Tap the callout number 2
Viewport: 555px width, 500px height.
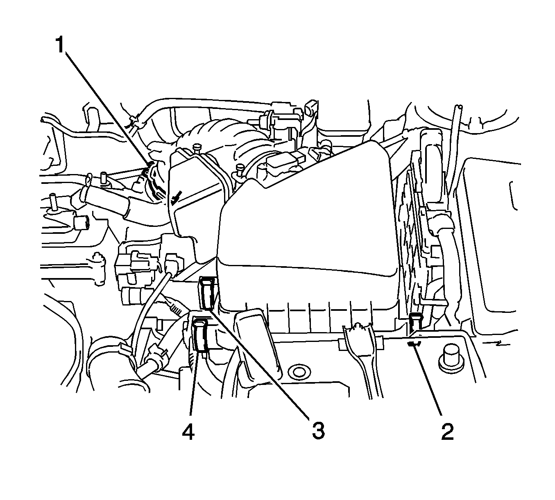(447, 431)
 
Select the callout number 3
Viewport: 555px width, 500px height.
(318, 431)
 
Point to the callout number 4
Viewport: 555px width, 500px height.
(188, 431)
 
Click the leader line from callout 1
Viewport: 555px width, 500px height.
(108, 109)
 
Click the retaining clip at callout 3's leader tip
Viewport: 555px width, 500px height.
(208, 293)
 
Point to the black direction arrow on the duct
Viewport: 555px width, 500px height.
(175, 197)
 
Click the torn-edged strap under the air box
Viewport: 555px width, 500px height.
(360, 360)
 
